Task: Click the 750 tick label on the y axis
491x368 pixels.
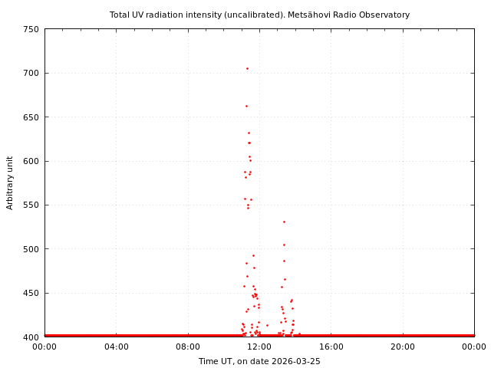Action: pyautogui.click(x=31, y=29)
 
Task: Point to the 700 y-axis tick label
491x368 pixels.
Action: pyautogui.click(x=31, y=73)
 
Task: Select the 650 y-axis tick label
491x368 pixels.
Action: pyautogui.click(x=31, y=117)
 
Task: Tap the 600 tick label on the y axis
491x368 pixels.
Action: pyautogui.click(x=31, y=161)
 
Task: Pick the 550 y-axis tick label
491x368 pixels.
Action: pyautogui.click(x=31, y=205)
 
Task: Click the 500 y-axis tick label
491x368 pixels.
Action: pyautogui.click(x=31, y=249)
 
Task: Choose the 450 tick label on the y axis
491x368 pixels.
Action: pyautogui.click(x=31, y=294)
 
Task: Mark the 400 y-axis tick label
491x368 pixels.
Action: pyautogui.click(x=31, y=337)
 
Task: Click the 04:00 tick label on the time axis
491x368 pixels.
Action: pyautogui.click(x=116, y=347)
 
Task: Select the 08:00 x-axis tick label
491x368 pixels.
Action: pyautogui.click(x=188, y=347)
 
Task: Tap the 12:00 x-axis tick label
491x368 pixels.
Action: pyautogui.click(x=259, y=347)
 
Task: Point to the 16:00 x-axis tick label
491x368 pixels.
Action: pyautogui.click(x=331, y=347)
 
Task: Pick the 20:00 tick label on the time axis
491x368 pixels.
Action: pyautogui.click(x=403, y=347)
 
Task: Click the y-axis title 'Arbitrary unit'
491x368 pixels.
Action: pyautogui.click(x=10, y=182)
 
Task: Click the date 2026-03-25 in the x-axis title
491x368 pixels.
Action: pyautogui.click(x=295, y=361)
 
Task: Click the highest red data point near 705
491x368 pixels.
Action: pyautogui.click(x=247, y=68)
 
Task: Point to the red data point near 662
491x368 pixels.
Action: pyautogui.click(x=246, y=106)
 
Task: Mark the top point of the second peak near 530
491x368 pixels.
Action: pyautogui.click(x=284, y=222)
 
